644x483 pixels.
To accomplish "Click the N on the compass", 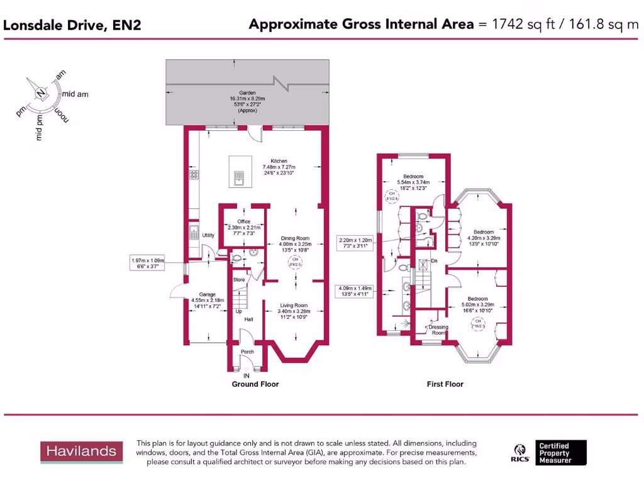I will click(x=40, y=94).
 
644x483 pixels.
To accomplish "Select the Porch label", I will click(x=247, y=352).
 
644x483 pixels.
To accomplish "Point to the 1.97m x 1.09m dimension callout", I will click(x=143, y=263).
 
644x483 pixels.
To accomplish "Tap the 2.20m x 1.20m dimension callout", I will click(x=356, y=243).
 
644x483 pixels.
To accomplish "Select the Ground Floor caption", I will click(x=255, y=384).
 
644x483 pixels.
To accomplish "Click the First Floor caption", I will click(x=445, y=384).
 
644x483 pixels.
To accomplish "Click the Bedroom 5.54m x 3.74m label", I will click(x=413, y=180).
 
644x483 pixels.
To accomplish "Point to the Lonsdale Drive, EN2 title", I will click(x=73, y=25).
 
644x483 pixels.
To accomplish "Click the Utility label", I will click(x=209, y=235).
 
